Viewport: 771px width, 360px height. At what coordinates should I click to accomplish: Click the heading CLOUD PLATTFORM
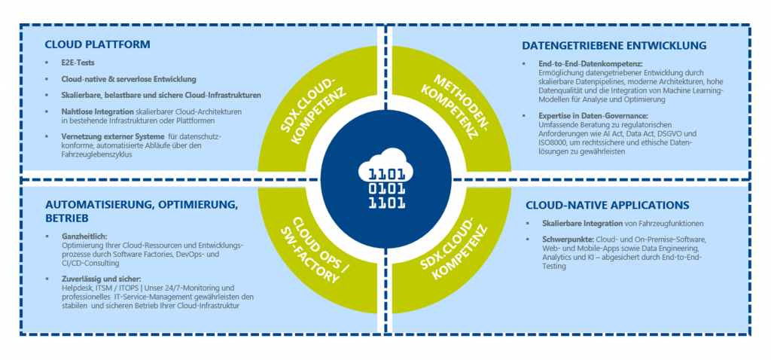point(97,44)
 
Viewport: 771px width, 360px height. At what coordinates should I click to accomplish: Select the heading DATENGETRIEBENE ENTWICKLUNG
point(614,46)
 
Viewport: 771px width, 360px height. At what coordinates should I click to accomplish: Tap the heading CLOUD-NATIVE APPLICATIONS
point(608,205)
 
